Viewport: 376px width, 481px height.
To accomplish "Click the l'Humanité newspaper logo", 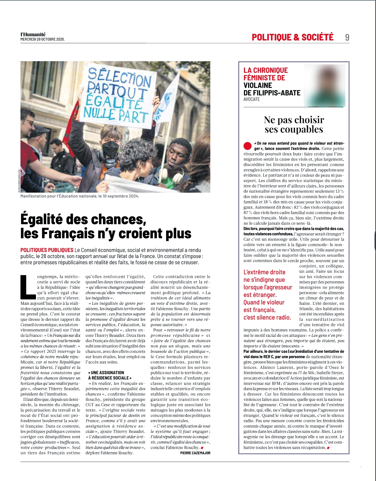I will [x=33, y=34].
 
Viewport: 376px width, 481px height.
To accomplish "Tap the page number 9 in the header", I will [x=347, y=37].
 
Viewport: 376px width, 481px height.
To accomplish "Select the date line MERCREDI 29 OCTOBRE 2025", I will [x=43, y=39].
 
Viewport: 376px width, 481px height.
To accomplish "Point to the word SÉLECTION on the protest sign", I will [x=119, y=77].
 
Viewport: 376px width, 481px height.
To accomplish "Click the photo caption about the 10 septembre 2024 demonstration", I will [x=80, y=196].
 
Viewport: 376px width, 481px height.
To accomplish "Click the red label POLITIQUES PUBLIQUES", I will [x=47, y=250].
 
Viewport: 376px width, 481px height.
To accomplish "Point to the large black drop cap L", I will [x=28, y=287].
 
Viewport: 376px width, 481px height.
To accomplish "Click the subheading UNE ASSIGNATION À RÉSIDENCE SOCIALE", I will [x=110, y=375].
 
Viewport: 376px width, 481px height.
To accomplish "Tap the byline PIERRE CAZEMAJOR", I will [x=195, y=453].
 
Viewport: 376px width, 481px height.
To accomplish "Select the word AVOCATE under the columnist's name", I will [x=251, y=99].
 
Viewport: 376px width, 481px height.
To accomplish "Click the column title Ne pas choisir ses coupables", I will [x=294, y=124].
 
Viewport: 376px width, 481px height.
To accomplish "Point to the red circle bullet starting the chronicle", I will [x=247, y=146].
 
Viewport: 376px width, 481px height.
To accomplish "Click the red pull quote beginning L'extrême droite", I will [x=267, y=295].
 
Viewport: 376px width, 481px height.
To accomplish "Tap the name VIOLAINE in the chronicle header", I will [x=257, y=85].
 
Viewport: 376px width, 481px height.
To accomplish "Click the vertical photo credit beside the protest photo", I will [x=19, y=180].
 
